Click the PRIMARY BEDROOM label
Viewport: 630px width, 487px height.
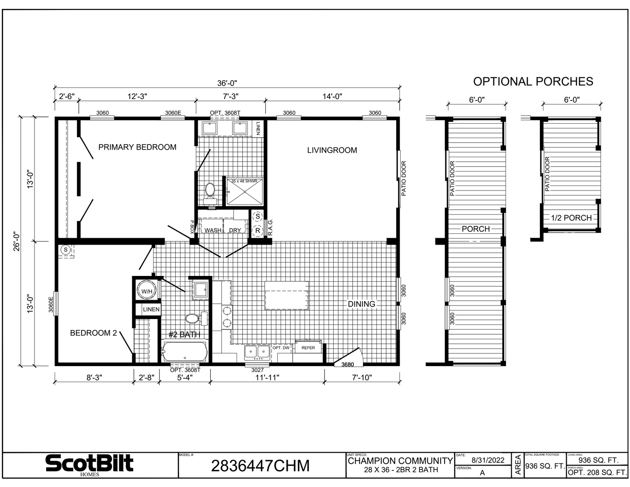(x=137, y=147)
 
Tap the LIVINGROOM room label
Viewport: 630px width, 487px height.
(x=332, y=151)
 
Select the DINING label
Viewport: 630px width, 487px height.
(x=362, y=304)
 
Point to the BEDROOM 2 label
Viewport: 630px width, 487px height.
(x=93, y=333)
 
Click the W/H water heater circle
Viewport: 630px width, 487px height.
(x=147, y=292)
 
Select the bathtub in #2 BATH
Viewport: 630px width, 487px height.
(x=185, y=352)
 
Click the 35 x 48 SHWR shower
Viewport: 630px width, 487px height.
(x=244, y=191)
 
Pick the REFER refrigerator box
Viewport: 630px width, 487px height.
(x=308, y=348)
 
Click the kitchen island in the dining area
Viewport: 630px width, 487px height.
(x=287, y=295)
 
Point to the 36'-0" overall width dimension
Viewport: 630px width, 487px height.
(x=227, y=83)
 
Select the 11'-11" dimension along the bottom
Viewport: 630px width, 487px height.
(x=267, y=378)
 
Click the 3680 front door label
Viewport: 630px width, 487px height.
(x=348, y=365)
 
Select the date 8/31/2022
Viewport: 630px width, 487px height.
(x=488, y=460)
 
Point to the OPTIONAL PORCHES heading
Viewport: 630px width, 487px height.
(x=533, y=82)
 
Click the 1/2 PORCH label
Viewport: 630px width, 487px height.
(x=571, y=218)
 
